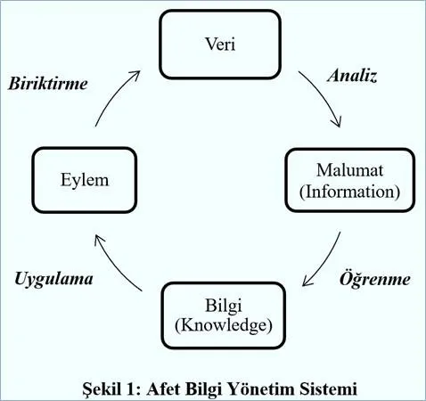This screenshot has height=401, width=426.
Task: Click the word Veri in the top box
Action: pos(220,45)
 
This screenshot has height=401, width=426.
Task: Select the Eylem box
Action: pos(85,180)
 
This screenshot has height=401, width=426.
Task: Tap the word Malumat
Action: pos(349,170)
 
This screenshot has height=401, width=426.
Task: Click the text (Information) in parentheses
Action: pos(349,192)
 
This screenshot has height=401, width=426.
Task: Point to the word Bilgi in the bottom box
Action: pos(224,306)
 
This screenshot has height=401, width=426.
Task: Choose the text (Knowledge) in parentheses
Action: pos(224,325)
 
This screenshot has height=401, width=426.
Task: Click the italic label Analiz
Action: pos(352,76)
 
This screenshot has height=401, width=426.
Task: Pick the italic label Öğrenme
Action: pos(375,280)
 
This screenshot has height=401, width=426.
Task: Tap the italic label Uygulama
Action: pos(53,280)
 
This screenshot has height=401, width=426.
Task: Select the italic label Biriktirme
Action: pos(48,84)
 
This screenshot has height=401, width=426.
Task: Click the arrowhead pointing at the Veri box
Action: pos(135,75)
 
